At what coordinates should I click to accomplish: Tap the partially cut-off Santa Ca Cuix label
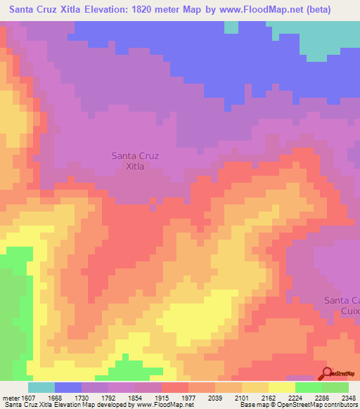pyautogui.click(x=342, y=305)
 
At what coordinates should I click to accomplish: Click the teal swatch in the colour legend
pyautogui.click(x=41, y=387)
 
